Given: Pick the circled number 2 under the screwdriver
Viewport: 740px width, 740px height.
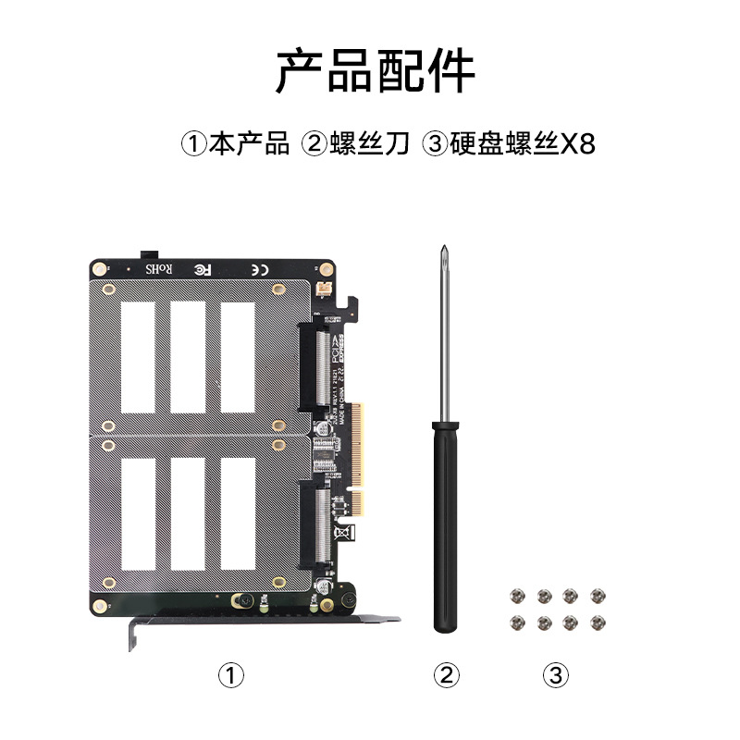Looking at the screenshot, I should coord(447,676).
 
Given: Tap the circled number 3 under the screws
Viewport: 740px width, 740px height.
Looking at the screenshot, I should coord(555,676).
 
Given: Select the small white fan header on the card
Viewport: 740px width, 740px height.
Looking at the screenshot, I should coord(324,290).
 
